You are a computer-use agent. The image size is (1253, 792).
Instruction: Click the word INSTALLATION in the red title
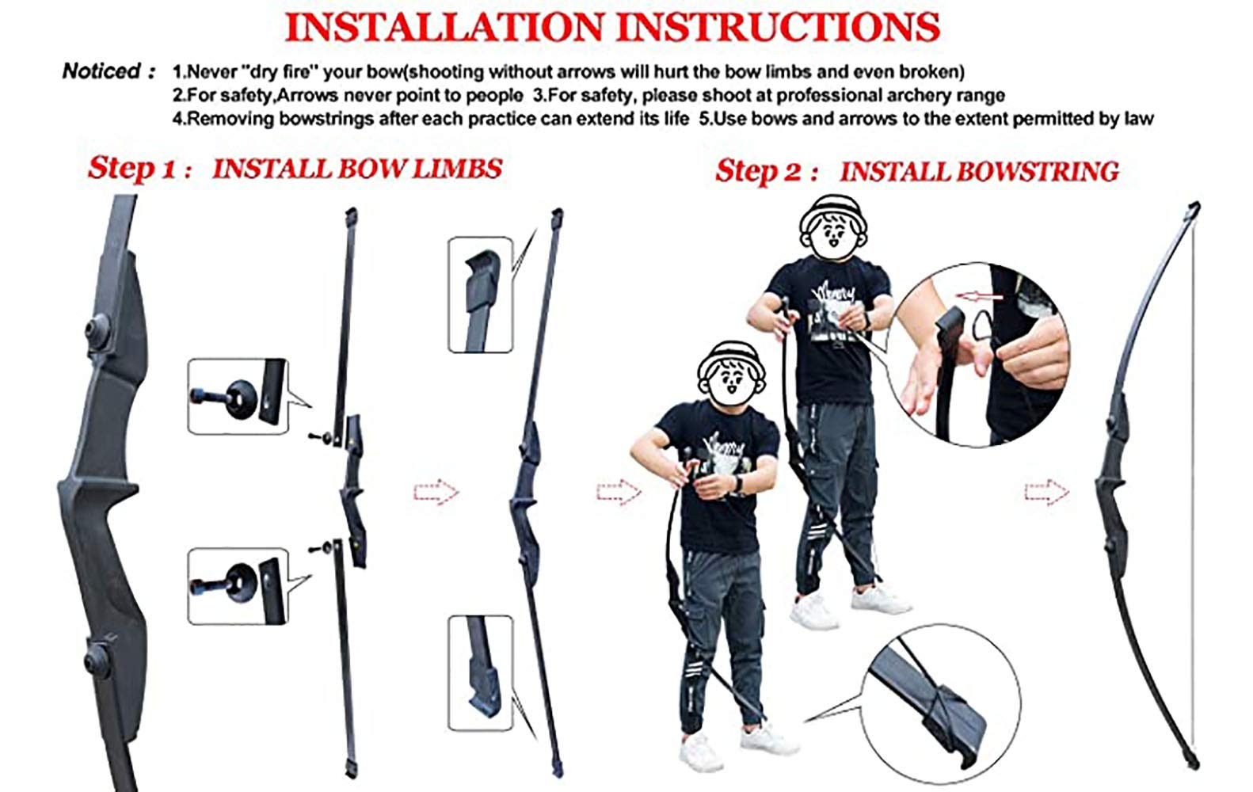point(445,26)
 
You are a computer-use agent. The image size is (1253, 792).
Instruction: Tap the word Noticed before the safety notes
point(101,71)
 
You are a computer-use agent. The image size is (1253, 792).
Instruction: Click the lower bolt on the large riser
point(96,661)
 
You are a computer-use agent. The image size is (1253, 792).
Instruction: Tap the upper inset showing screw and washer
point(238,396)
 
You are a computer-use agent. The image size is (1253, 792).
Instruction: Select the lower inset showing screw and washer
point(238,586)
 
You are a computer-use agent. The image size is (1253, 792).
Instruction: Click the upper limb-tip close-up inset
point(481,295)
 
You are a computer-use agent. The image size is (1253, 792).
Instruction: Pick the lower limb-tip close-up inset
point(481,673)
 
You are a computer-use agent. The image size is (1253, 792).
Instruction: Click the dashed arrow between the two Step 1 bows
point(436,492)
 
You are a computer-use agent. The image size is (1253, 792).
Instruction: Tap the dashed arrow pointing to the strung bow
point(1046,492)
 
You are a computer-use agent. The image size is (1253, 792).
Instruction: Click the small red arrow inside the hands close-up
point(978,296)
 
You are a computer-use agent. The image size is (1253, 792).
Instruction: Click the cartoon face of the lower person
point(731,374)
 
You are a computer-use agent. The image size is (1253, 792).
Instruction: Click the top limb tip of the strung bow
point(1194,208)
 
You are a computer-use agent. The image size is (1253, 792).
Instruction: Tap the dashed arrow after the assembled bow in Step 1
point(619,492)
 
